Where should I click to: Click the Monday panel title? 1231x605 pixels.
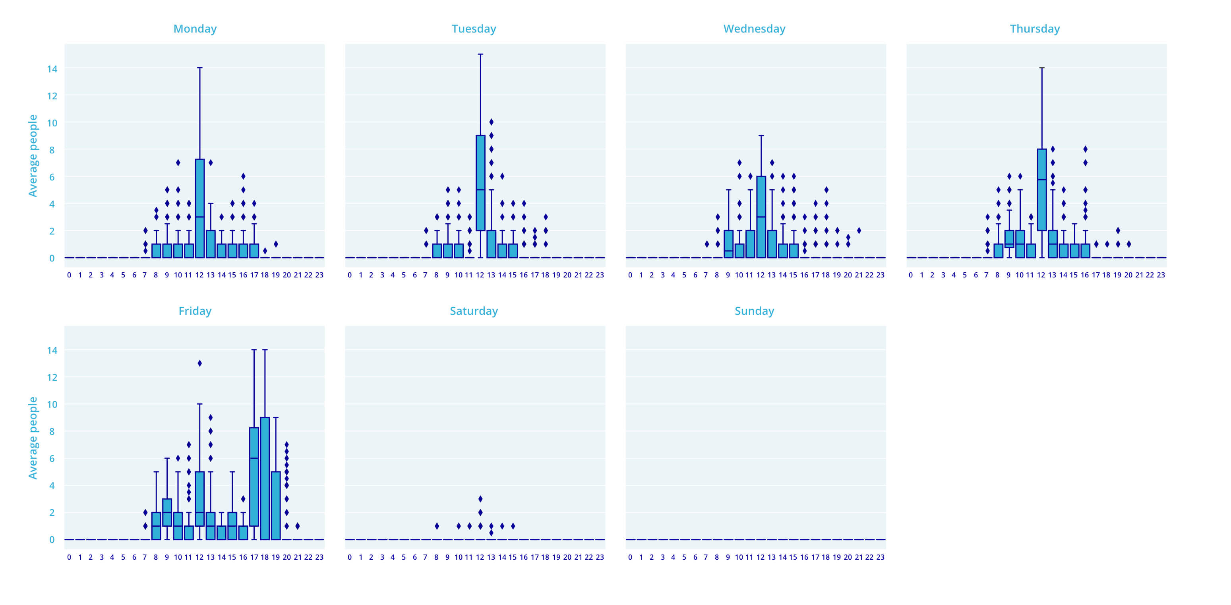pyautogui.click(x=195, y=29)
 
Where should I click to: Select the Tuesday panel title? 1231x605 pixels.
pyautogui.click(x=474, y=29)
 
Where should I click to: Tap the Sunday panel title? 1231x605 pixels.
pyautogui.click(x=754, y=311)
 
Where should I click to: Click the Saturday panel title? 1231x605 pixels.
pyautogui.click(x=474, y=311)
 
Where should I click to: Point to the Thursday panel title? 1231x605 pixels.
pyautogui.click(x=1035, y=29)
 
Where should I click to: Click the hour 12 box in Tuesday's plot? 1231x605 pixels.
pyautogui.click(x=480, y=183)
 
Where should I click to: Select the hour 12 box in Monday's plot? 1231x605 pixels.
pyautogui.click(x=200, y=208)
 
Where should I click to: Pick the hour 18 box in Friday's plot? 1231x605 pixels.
pyautogui.click(x=265, y=478)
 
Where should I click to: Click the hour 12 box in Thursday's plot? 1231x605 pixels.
pyautogui.click(x=1042, y=190)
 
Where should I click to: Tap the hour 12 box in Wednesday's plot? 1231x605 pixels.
pyautogui.click(x=761, y=217)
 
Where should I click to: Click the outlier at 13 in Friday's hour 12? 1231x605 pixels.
pyautogui.click(x=200, y=363)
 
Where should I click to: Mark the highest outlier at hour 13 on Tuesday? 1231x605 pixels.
pyautogui.click(x=491, y=122)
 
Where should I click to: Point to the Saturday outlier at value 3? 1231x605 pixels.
pyautogui.click(x=480, y=499)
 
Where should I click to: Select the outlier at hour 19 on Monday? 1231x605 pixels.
pyautogui.click(x=276, y=244)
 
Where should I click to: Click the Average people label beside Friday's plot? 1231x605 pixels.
pyautogui.click(x=33, y=438)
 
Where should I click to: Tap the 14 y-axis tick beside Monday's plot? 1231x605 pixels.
pyautogui.click(x=52, y=69)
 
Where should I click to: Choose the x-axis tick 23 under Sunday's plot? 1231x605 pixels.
pyautogui.click(x=880, y=557)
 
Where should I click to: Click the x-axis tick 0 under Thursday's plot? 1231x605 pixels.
pyautogui.click(x=911, y=275)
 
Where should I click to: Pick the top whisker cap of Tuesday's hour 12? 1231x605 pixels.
pyautogui.click(x=480, y=54)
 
